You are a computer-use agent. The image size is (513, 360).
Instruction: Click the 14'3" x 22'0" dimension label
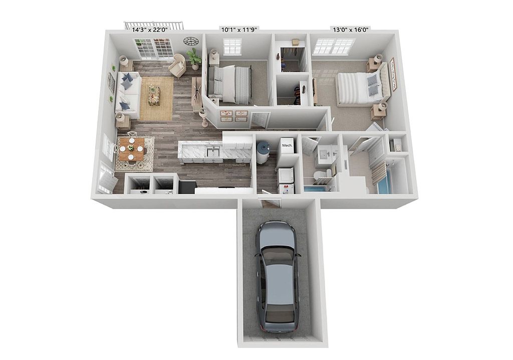(x=149, y=30)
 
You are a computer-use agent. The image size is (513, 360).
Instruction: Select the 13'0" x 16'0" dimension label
(x=351, y=30)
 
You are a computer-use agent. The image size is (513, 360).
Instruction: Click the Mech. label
(x=287, y=145)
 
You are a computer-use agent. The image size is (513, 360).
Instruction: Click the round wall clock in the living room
(x=191, y=41)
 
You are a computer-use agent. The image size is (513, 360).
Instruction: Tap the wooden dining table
(x=132, y=149)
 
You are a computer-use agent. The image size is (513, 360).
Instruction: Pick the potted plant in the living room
(x=194, y=59)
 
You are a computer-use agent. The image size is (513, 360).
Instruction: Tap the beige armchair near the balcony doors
(x=178, y=66)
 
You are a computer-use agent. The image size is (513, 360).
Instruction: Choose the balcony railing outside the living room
(x=153, y=25)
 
